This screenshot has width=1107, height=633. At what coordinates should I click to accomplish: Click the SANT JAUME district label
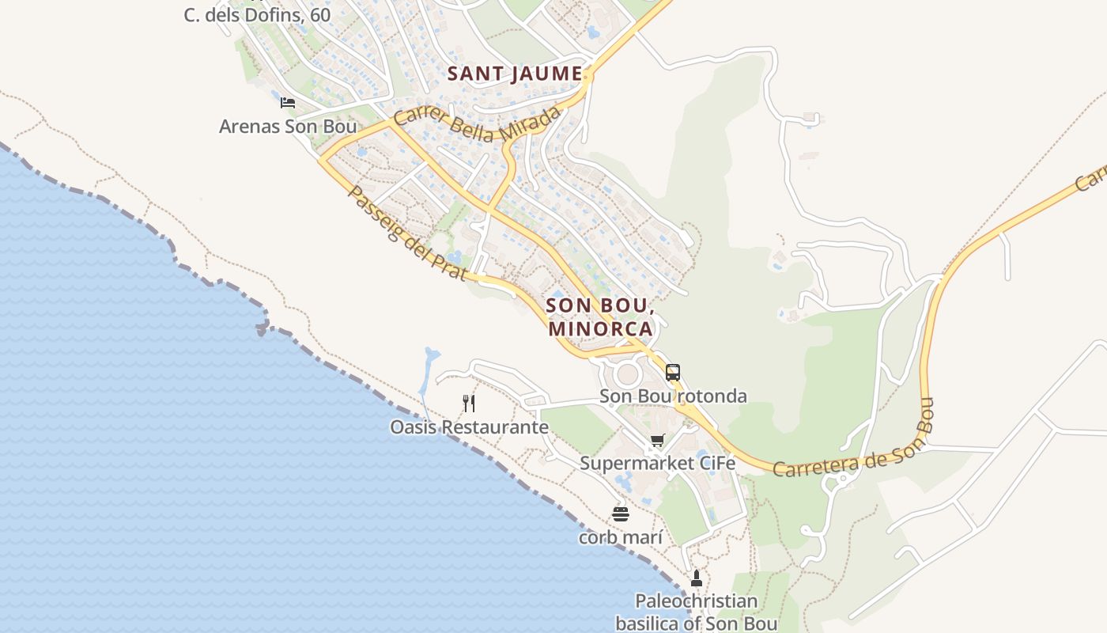(x=515, y=74)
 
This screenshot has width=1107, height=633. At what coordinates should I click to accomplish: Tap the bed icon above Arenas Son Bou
(x=288, y=103)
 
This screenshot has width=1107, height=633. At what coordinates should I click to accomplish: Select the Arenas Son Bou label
(x=288, y=127)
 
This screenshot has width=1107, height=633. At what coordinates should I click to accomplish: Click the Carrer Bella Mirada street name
(x=478, y=124)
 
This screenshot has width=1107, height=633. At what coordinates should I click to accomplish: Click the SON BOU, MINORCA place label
(x=600, y=316)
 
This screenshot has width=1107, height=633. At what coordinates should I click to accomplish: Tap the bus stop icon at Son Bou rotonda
(x=673, y=373)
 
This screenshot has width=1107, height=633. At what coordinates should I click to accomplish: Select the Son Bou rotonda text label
(x=673, y=396)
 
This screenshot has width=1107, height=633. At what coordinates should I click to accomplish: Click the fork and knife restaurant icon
(x=469, y=404)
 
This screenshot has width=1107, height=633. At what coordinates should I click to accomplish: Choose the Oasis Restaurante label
(x=469, y=427)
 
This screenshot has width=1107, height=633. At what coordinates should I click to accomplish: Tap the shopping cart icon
(x=657, y=441)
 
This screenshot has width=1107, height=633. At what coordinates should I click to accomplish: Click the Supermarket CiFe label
(x=657, y=463)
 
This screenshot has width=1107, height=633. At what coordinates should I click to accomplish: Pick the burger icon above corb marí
(x=621, y=514)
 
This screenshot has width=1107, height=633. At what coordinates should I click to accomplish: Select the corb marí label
(x=621, y=537)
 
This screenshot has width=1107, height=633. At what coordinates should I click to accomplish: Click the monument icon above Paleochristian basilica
(x=697, y=578)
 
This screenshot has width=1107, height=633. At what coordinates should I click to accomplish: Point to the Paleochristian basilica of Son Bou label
(x=697, y=612)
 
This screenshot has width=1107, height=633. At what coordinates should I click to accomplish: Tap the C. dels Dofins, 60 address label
(x=257, y=14)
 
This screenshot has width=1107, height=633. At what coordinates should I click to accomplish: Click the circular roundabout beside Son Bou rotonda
(x=627, y=373)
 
